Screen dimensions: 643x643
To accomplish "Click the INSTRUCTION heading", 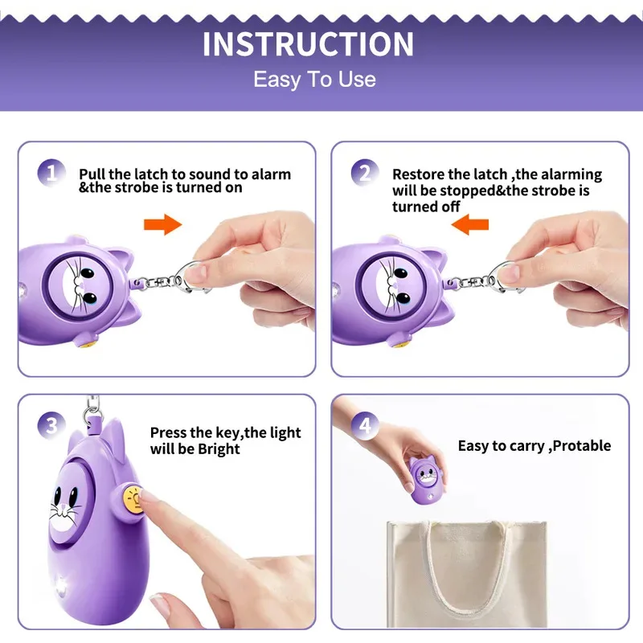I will tap(308, 44).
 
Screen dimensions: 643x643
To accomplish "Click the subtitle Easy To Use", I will tap(314, 80).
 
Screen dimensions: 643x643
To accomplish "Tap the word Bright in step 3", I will tap(219, 448).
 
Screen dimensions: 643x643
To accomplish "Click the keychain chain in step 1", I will tap(161, 281).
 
